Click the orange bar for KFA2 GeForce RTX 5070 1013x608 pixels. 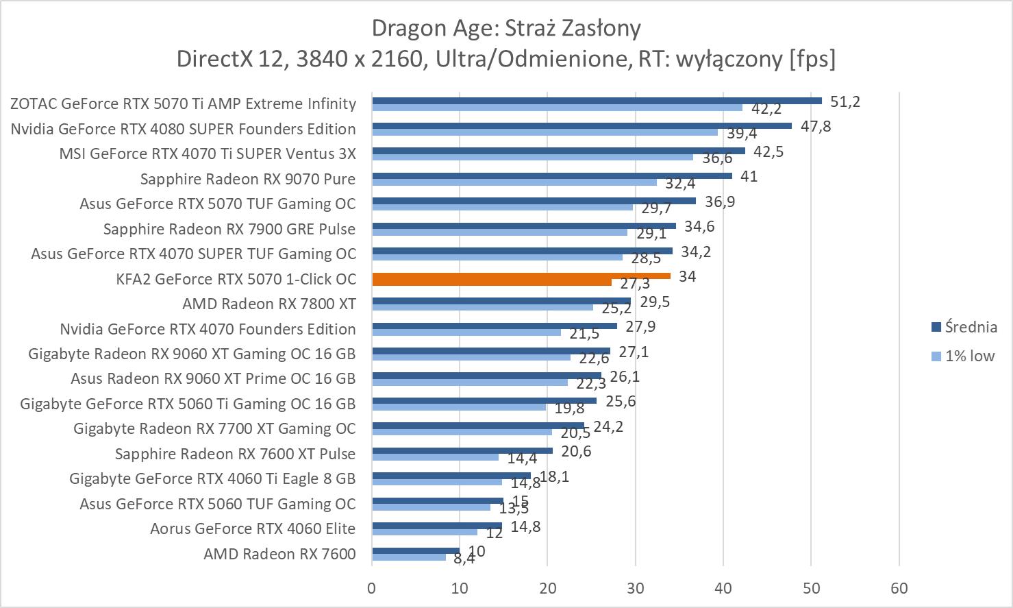tap(521, 276)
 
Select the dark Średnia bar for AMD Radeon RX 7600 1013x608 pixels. tap(415, 550)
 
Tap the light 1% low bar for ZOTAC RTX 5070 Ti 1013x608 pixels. tap(556, 107)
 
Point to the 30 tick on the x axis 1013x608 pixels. tap(635, 588)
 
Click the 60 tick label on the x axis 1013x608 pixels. tap(899, 588)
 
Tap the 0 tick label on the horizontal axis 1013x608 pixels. tap(372, 588)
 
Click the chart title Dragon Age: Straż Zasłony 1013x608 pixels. tap(506, 28)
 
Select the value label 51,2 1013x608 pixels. tap(845, 101)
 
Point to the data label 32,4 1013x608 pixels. tap(680, 184)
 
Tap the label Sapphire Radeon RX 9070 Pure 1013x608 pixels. tap(248, 179)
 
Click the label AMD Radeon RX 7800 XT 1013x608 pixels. tap(269, 304)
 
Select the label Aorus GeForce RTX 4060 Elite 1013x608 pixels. tap(253, 528)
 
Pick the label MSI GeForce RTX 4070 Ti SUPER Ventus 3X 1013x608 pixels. tap(208, 154)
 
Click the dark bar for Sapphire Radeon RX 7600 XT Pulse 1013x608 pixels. tap(462, 450)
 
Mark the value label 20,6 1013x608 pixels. tap(577, 451)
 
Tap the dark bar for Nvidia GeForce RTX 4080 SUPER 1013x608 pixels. tap(581, 125)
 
